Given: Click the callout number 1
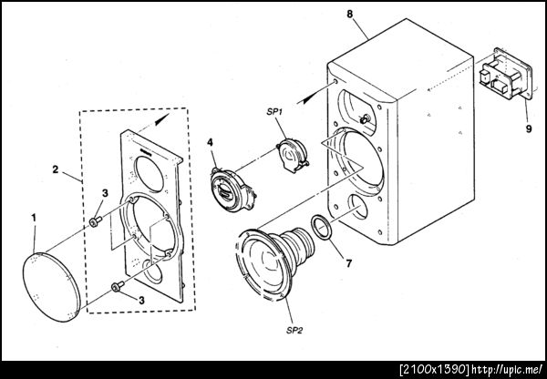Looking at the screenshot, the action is (34, 218).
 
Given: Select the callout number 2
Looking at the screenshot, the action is (56, 169).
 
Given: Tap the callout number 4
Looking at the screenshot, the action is (210, 143).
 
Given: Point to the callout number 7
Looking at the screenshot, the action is (349, 263).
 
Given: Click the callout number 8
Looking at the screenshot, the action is (349, 14).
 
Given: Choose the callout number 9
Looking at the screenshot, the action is (529, 128).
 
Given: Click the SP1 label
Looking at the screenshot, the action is (274, 111).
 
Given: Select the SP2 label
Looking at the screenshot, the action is (294, 330).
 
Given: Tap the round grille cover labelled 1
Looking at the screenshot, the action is (52, 287).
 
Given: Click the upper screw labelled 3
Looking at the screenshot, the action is (95, 221).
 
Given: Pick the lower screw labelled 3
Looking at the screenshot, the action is (118, 286).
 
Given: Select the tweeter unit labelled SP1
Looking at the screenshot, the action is (293, 155).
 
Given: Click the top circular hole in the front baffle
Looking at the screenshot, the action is (150, 174).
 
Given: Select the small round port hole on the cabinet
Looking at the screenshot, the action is (358, 207).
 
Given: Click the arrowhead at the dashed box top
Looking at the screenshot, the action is (162, 119).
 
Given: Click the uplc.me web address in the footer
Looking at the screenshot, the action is (507, 369).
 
